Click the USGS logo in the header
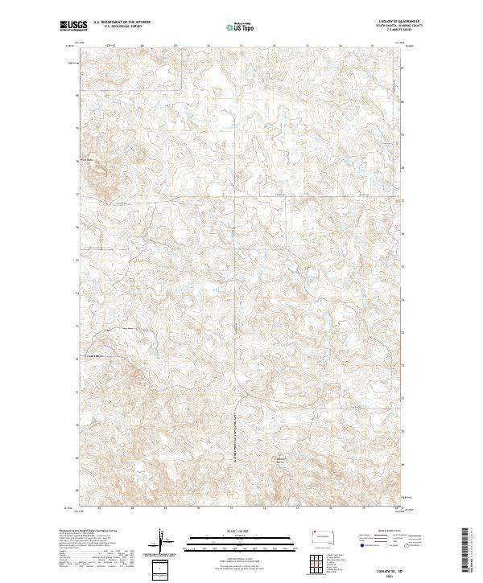(x=71, y=26)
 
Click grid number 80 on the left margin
(x=77, y=95)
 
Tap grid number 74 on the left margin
(x=77, y=293)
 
